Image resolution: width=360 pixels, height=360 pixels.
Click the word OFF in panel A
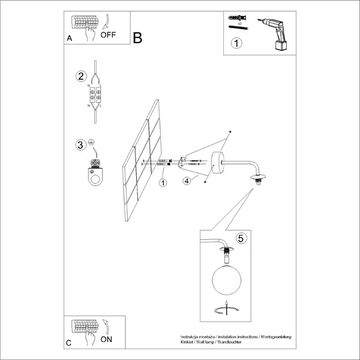click(x=109, y=34)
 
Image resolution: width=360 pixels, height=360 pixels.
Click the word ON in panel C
click(x=106, y=339)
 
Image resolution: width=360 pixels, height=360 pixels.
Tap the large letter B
click(x=137, y=38)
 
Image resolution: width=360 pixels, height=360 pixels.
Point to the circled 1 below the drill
click(x=237, y=43)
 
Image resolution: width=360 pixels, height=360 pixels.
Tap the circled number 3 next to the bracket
click(x=80, y=145)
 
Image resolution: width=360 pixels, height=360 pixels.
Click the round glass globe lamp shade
click(x=226, y=281)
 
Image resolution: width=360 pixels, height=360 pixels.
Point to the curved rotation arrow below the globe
click(x=226, y=310)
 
